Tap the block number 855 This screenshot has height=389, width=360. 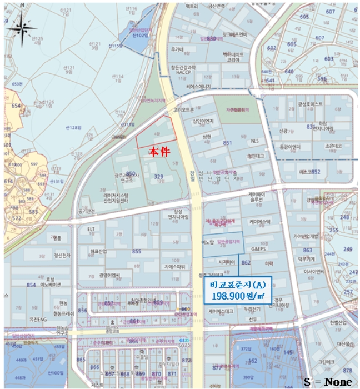tap(136, 252)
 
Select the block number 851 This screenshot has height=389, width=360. tap(227, 143)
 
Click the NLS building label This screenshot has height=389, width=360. tap(255, 141)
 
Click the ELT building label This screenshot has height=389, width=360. tap(92, 228)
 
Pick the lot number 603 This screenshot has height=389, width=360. tap(329, 58)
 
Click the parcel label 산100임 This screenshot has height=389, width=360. tap(56, 373)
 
